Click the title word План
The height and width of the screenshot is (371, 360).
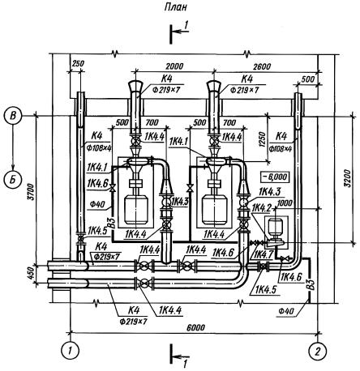click(x=176, y=7)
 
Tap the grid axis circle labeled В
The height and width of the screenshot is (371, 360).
click(x=13, y=116)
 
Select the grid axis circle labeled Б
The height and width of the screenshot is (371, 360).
click(x=13, y=179)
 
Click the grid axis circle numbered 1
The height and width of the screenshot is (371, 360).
click(x=71, y=352)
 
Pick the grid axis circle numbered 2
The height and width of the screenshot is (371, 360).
click(x=318, y=352)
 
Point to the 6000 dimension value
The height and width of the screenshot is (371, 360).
click(x=195, y=327)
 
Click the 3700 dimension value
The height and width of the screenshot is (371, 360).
click(x=32, y=192)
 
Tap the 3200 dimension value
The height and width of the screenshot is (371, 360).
click(x=348, y=178)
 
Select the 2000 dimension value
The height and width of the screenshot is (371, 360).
click(x=174, y=66)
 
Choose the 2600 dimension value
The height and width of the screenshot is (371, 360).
click(x=261, y=66)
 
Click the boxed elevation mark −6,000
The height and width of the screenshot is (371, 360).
click(x=274, y=177)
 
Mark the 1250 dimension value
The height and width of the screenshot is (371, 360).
click(x=262, y=139)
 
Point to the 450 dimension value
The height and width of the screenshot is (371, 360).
click(x=32, y=274)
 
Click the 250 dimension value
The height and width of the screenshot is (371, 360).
click(x=79, y=63)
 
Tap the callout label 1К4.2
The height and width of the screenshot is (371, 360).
click(x=262, y=207)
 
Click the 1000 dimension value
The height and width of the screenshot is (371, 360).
click(x=285, y=203)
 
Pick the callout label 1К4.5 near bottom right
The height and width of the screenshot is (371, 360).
click(x=266, y=290)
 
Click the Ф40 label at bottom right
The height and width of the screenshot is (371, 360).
click(x=286, y=311)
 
